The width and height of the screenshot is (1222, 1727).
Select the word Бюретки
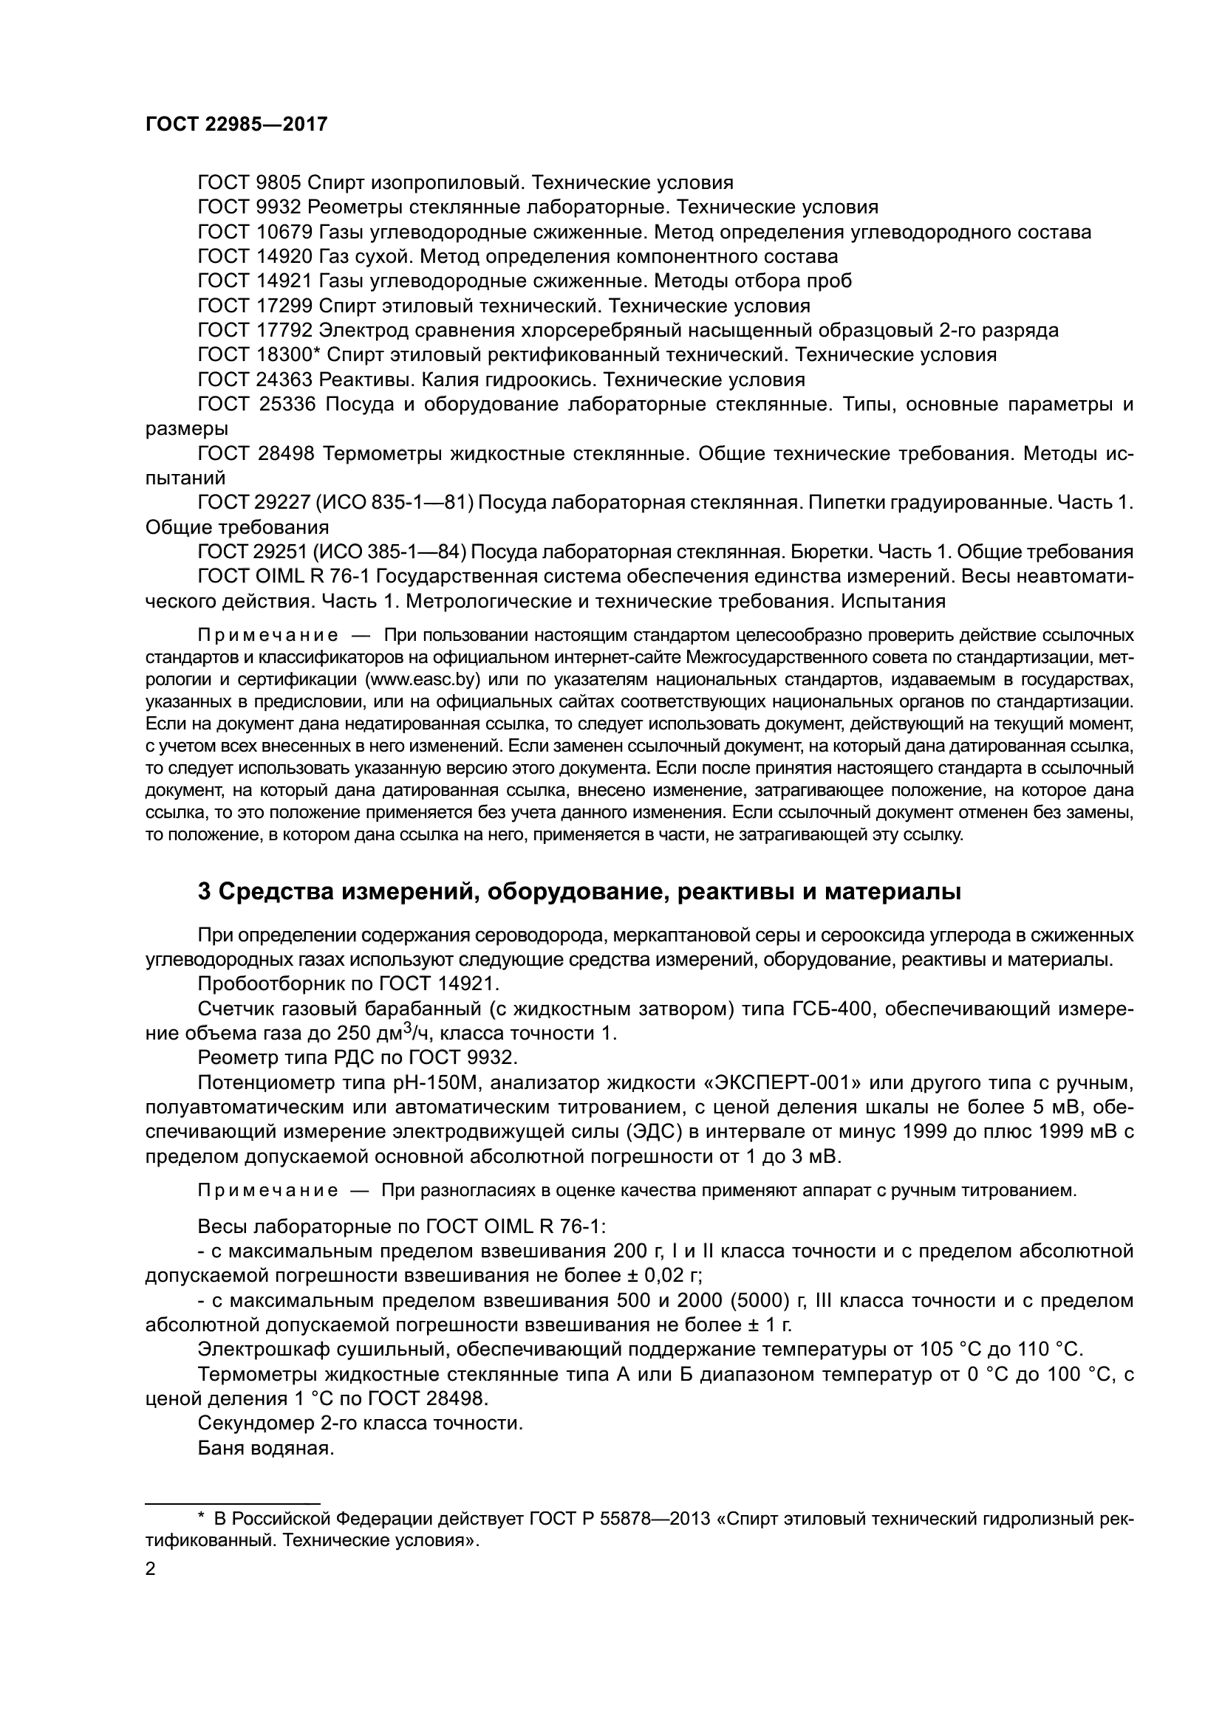(x=826, y=552)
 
